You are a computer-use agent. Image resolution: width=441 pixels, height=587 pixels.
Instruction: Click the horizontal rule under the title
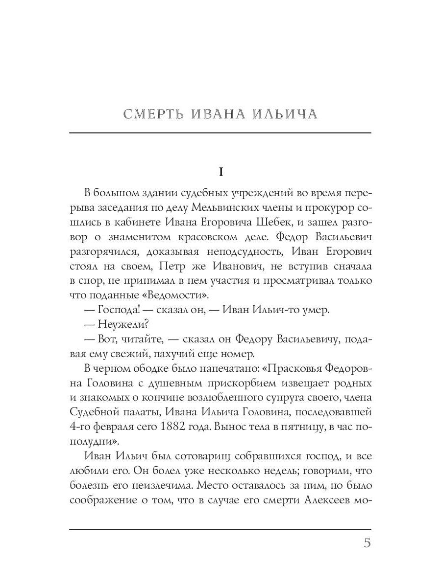[220, 133]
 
